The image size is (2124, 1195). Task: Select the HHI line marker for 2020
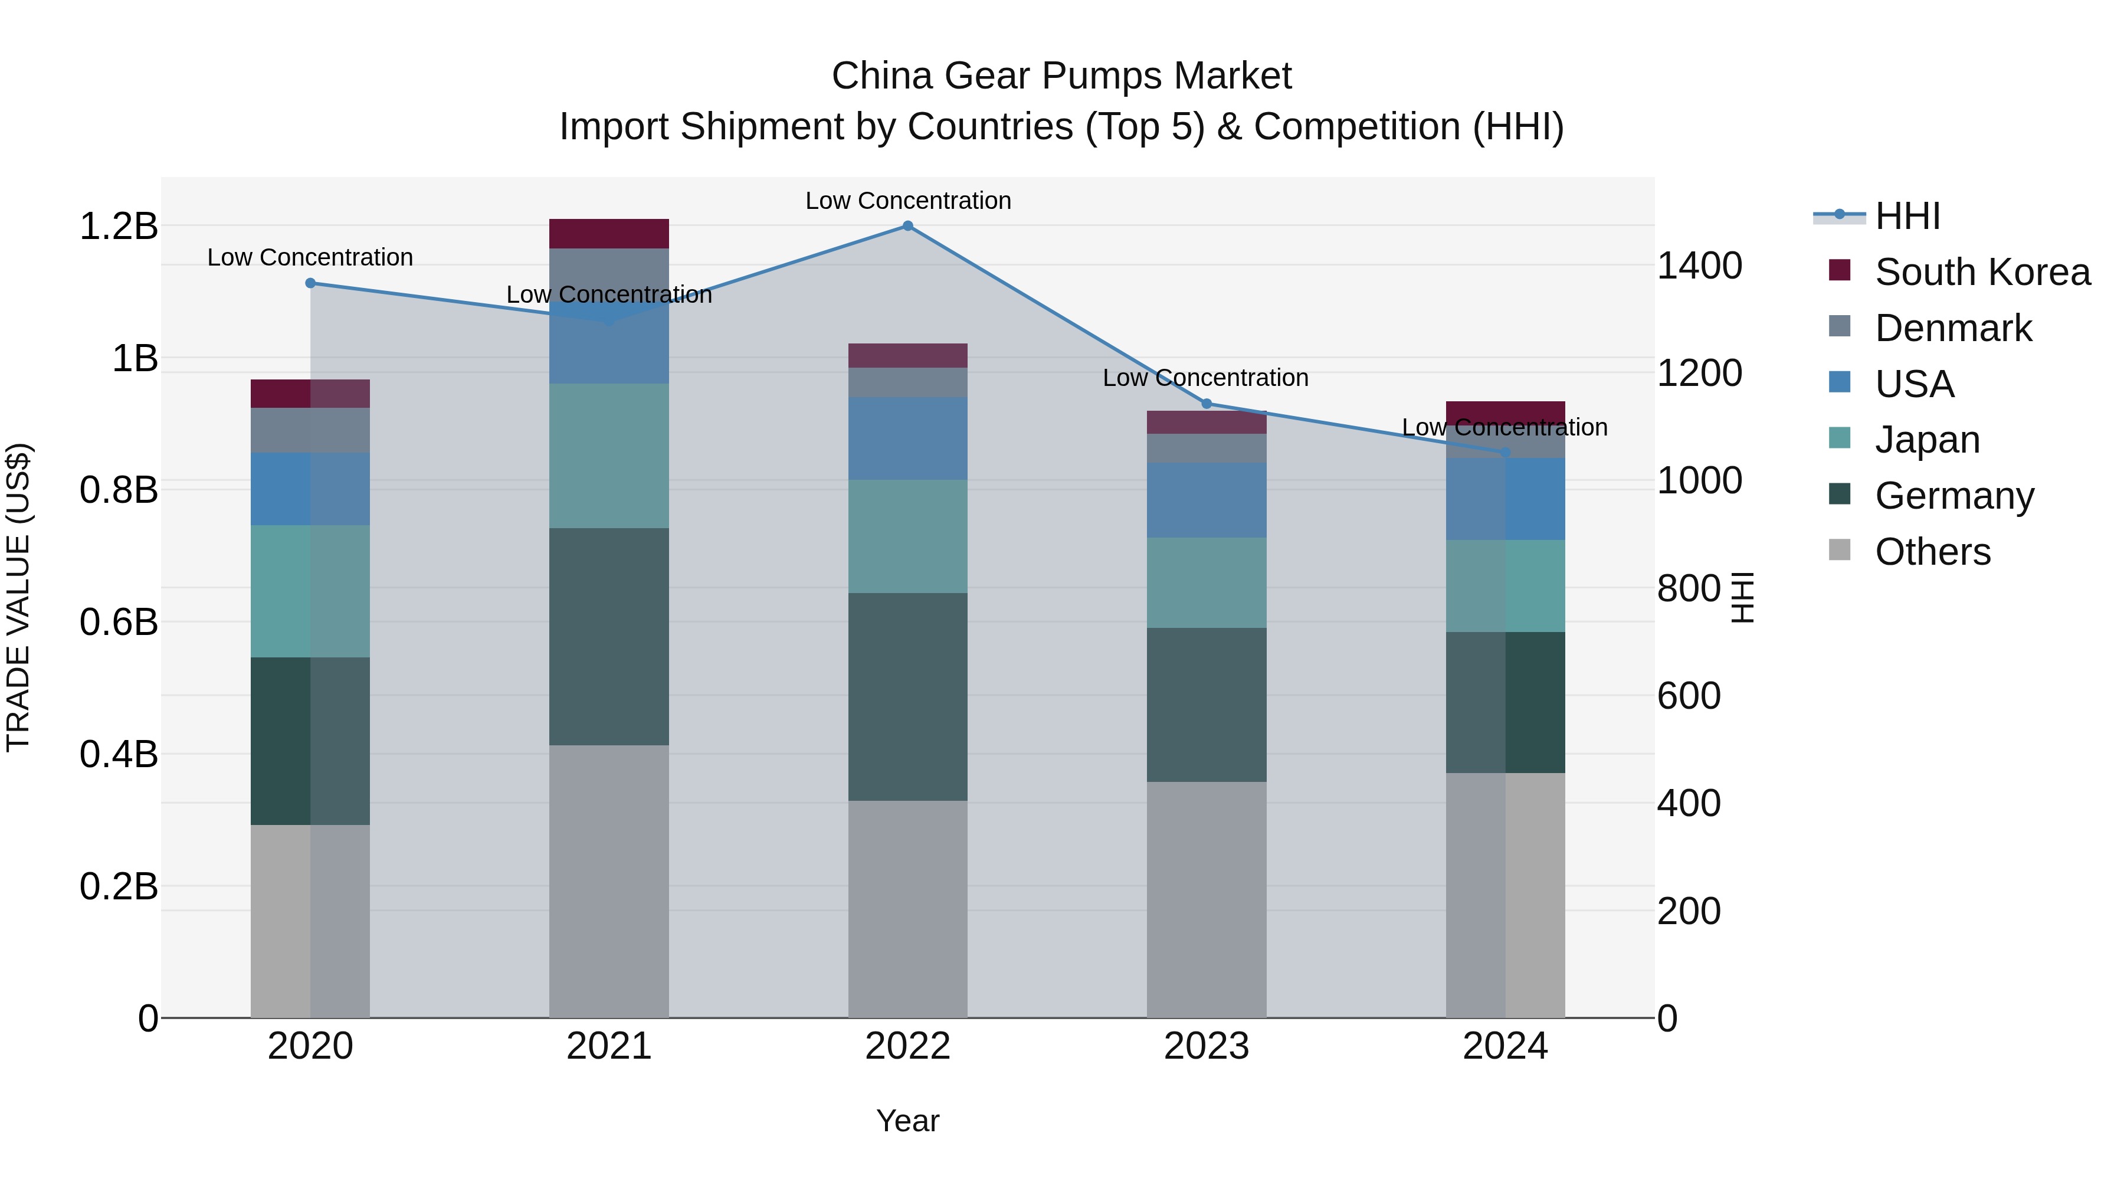coord(310,283)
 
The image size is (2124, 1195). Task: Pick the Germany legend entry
coord(1953,496)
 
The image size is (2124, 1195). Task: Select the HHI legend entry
coord(1907,216)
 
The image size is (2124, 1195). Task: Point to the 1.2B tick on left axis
coord(119,227)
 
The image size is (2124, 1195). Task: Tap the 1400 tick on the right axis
coord(1699,266)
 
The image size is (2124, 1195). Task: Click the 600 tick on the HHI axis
coord(1689,696)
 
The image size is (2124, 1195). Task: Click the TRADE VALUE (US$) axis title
coord(19,597)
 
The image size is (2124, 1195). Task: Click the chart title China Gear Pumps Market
coord(1061,76)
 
